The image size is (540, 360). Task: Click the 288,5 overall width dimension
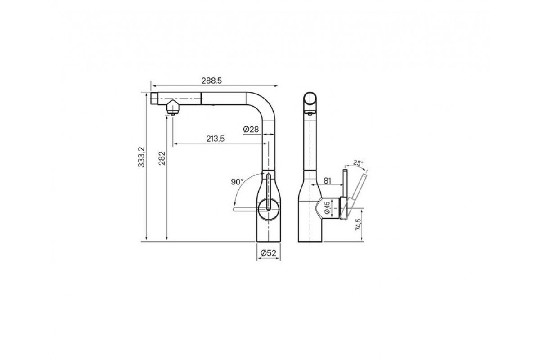coord(211,81)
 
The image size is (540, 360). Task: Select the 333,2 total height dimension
coord(141,157)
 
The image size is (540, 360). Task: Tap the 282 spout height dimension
coord(162,158)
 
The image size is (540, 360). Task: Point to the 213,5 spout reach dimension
coord(215,139)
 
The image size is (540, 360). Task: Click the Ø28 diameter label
coord(251,130)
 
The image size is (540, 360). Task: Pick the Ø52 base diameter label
coord(268,253)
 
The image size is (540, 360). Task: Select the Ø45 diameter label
coord(327,208)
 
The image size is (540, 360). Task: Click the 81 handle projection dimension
coord(327,180)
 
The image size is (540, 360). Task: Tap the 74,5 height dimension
coord(359,225)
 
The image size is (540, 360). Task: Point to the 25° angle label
coord(358,163)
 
